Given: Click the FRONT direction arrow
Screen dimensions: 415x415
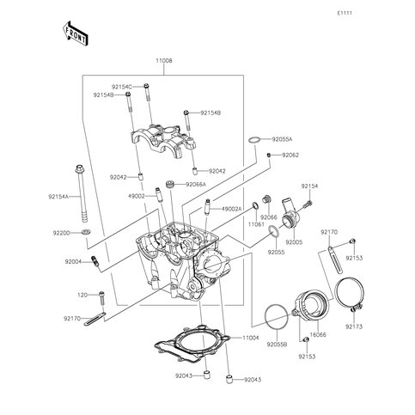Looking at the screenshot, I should click(x=76, y=32).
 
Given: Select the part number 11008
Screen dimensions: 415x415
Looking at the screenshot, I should click(x=163, y=62).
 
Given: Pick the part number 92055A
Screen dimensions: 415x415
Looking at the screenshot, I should click(x=282, y=138).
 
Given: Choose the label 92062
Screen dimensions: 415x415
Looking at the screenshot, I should click(x=290, y=155).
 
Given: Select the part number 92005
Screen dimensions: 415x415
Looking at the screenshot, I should click(x=294, y=242).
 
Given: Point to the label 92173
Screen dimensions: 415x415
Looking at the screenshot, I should click(x=353, y=327).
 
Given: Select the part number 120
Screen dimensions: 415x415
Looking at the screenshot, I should click(x=82, y=295).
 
